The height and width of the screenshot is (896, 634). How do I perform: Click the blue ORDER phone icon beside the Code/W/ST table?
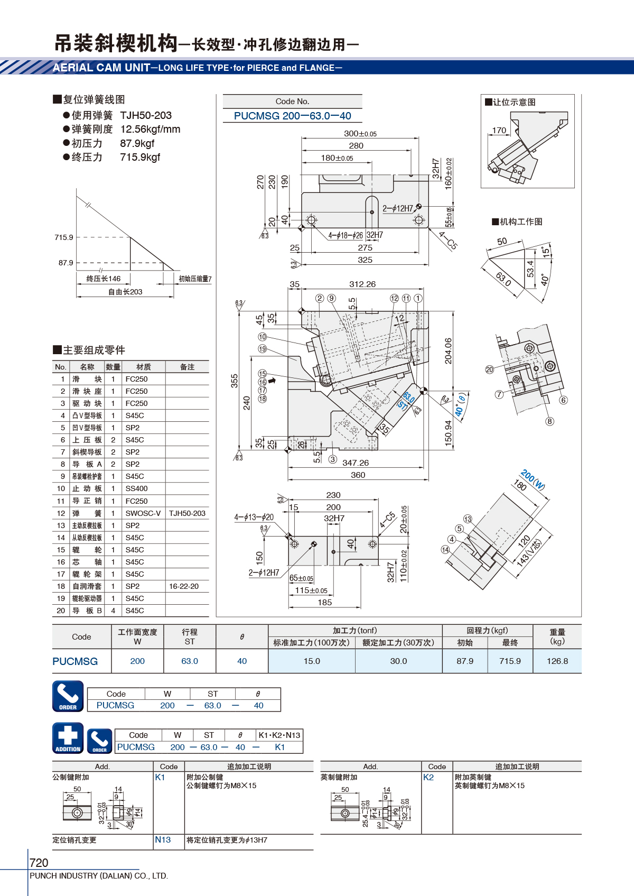tap(68, 696)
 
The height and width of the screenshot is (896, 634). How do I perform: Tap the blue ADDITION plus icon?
tap(68, 738)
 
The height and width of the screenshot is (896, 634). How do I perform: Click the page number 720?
tap(39, 862)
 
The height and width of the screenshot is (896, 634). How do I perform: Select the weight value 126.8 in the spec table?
tap(557, 661)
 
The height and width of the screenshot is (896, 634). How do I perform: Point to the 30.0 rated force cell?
tap(398, 661)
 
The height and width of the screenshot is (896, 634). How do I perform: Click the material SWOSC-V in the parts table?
tap(143, 513)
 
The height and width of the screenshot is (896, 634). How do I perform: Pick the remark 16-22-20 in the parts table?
tap(184, 586)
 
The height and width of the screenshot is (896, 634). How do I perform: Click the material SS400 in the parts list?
tap(137, 488)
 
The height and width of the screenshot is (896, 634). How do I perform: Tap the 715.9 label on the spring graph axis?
tap(64, 237)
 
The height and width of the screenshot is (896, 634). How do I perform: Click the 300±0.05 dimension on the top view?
tap(360, 134)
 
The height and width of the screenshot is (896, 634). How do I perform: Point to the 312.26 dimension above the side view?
tap(362, 284)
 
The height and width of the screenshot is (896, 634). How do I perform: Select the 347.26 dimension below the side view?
tap(356, 463)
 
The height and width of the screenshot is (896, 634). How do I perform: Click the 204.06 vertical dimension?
tap(448, 351)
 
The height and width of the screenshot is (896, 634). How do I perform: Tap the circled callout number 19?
tap(262, 349)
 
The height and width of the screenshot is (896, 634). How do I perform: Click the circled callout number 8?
tap(549, 421)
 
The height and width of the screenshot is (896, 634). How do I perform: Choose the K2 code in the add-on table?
tap(428, 777)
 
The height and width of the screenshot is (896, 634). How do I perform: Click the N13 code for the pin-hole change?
tap(163, 839)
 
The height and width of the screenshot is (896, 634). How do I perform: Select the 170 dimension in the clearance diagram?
tap(499, 131)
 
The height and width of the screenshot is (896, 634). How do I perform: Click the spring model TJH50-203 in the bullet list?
tap(146, 115)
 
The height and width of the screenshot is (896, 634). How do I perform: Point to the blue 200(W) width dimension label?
tap(533, 479)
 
